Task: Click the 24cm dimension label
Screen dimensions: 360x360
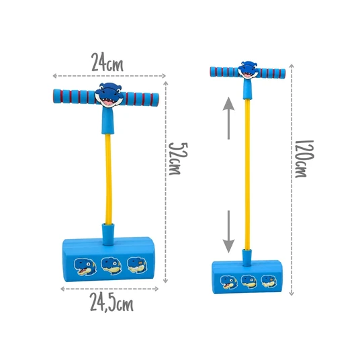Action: tap(107, 62)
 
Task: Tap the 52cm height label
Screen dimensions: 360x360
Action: tap(178, 159)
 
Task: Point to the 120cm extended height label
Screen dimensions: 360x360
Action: tap(304, 159)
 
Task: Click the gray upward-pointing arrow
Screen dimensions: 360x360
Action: tap(228, 118)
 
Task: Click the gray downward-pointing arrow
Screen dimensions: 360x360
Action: tap(228, 232)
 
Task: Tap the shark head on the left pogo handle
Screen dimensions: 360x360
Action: tap(109, 95)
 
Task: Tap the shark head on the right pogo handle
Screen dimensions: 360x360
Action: tap(248, 70)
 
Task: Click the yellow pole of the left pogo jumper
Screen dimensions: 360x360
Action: tap(108, 179)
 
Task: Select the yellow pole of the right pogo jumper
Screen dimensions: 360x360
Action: tap(247, 175)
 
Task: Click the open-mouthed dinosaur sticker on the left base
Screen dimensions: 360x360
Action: tap(85, 267)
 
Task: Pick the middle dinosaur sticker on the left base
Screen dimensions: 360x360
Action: tap(111, 266)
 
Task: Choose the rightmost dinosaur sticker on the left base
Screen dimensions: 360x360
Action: tap(137, 265)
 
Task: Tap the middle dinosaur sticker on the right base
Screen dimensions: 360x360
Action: tap(249, 281)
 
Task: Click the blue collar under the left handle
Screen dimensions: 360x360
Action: tap(107, 120)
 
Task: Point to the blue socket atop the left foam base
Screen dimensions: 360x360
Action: tap(108, 234)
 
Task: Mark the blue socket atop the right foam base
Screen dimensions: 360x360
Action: tap(247, 258)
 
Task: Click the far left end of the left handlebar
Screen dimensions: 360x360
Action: tap(54, 96)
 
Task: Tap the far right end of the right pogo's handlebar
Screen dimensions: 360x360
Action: tap(285, 74)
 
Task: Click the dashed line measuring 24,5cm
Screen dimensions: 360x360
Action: tap(109, 289)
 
